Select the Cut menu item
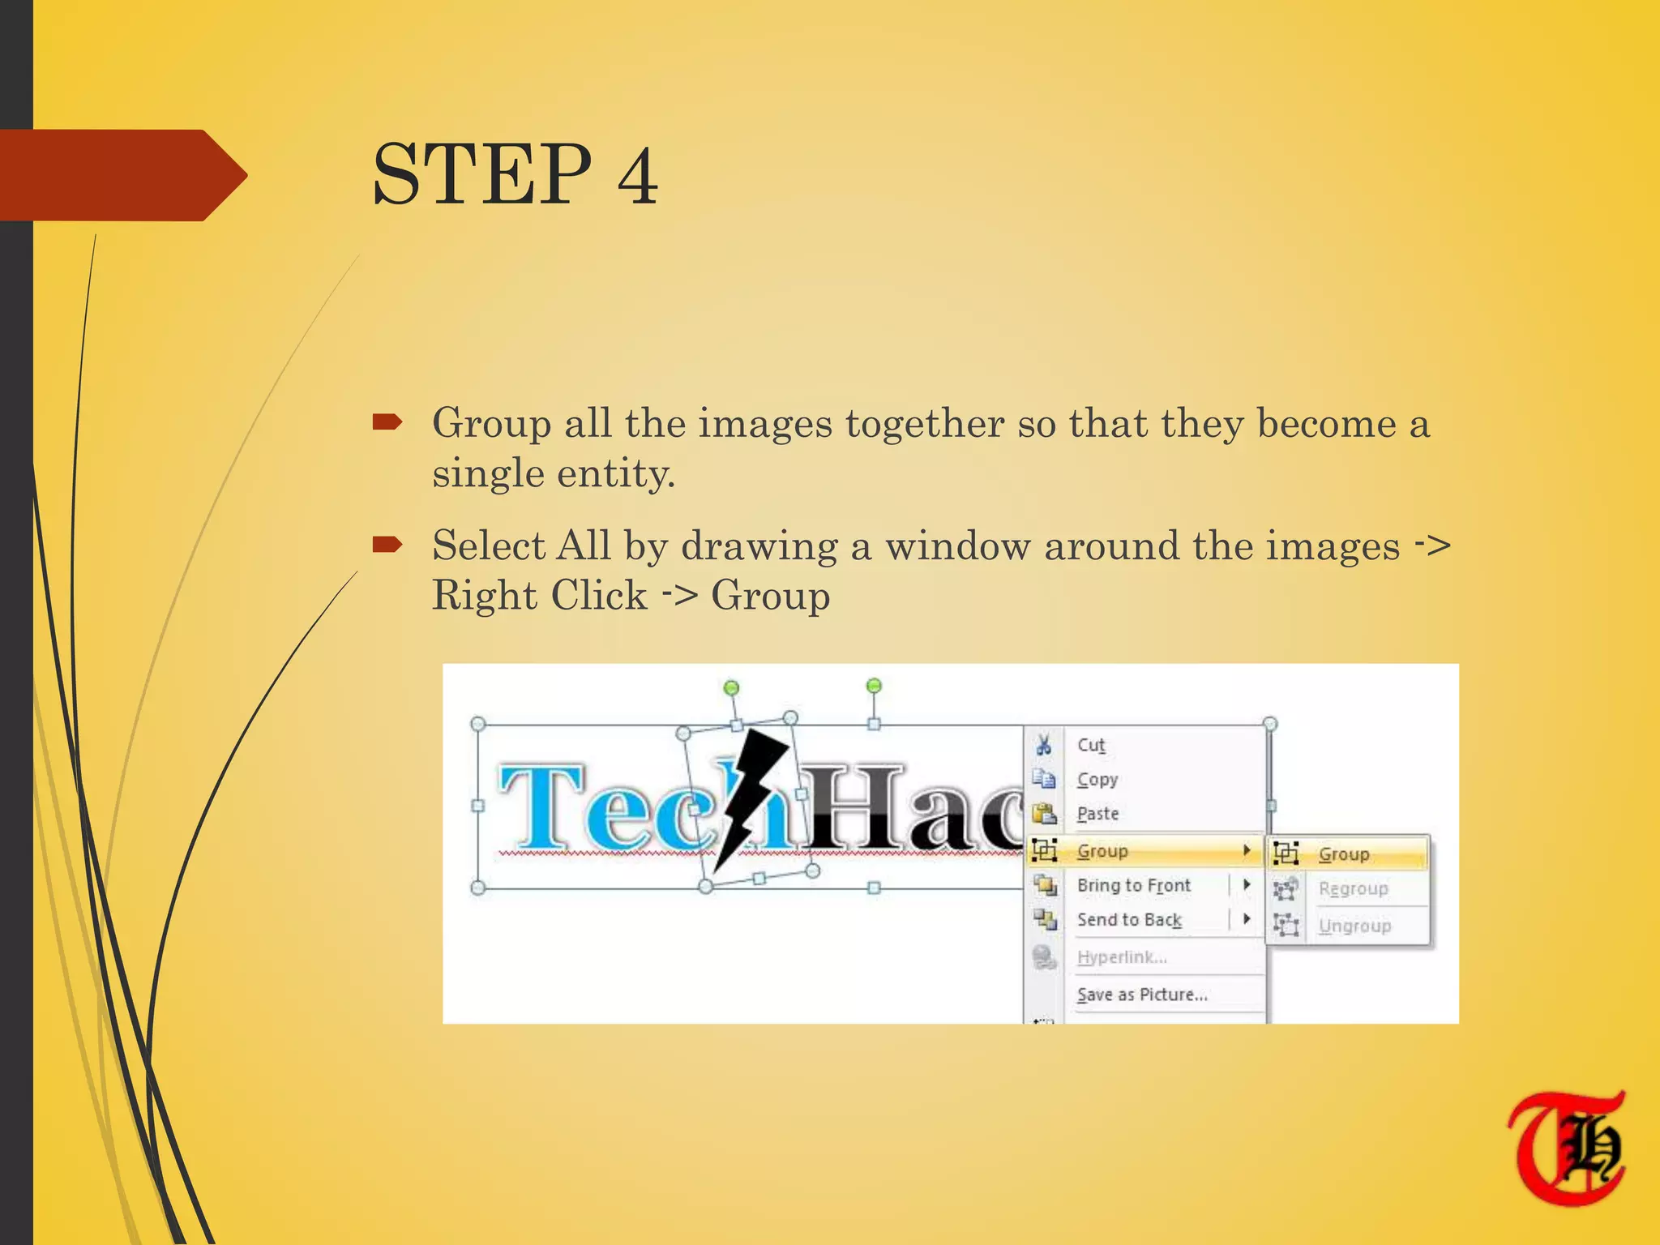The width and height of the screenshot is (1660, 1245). pyautogui.click(x=1091, y=745)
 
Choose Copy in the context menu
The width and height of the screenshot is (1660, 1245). pyautogui.click(x=1097, y=779)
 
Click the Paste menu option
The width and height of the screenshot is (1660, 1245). pyautogui.click(x=1097, y=813)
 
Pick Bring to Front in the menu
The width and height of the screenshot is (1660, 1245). pyautogui.click(x=1133, y=885)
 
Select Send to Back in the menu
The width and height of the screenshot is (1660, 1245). pyautogui.click(x=1129, y=919)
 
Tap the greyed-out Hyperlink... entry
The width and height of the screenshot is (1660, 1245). pyautogui.click(x=1122, y=957)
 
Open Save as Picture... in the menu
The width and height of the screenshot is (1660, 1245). pyautogui.click(x=1142, y=995)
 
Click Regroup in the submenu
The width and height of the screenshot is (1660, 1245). pyautogui.click(x=1353, y=889)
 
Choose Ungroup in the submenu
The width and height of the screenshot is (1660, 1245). pyautogui.click(x=1354, y=926)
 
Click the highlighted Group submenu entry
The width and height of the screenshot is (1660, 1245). pyautogui.click(x=1344, y=854)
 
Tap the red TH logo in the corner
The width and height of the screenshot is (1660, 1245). pyautogui.click(x=1567, y=1146)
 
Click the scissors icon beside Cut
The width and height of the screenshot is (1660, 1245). pyautogui.click(x=1044, y=744)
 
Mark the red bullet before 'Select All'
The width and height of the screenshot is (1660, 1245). pyautogui.click(x=387, y=545)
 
